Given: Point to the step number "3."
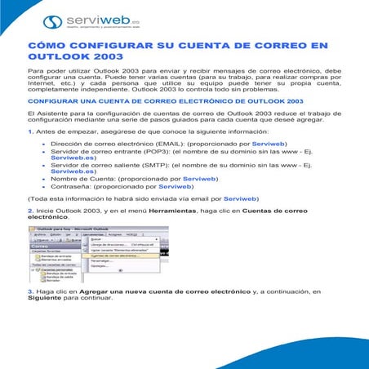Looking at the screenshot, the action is pyautogui.click(x=30, y=314).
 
